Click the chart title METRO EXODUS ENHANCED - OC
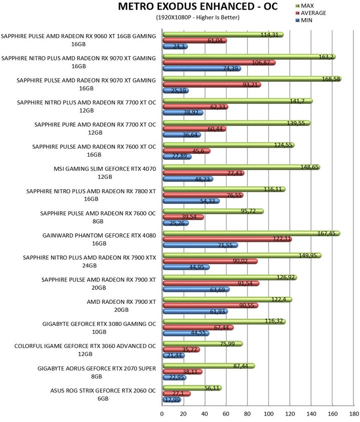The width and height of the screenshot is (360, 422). coord(198,7)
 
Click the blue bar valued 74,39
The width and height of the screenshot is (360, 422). coord(200,68)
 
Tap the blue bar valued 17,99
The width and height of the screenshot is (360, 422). coord(170,399)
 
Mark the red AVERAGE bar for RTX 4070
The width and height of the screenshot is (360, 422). coord(197,173)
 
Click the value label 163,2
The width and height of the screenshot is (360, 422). coord(326,57)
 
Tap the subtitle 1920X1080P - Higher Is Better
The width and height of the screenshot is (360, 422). coord(198,17)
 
